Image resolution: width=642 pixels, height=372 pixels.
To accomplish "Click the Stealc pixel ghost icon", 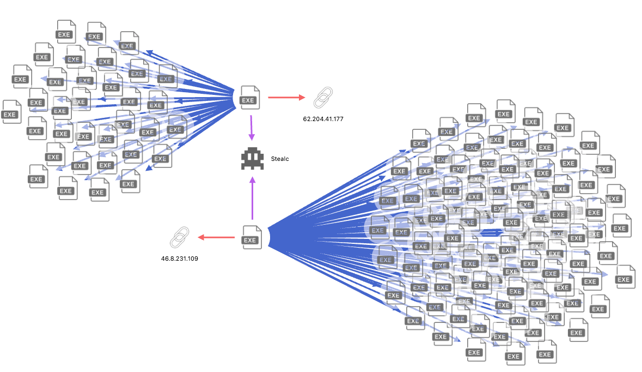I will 252,159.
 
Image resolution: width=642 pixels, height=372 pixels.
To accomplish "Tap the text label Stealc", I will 280,159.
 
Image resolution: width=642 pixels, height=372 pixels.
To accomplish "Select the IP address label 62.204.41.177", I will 323,118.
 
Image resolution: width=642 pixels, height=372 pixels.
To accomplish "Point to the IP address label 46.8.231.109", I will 179,258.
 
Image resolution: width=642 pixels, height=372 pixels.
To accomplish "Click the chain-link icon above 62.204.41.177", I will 323,98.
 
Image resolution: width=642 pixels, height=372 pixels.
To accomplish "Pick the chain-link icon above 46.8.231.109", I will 179,237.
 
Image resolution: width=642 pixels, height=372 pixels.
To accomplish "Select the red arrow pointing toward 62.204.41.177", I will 286,98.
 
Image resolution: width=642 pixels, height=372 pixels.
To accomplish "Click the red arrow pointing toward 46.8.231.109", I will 216,237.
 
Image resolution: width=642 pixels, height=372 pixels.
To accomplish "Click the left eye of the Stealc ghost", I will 248,157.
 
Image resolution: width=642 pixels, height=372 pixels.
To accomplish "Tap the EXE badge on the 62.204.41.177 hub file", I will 249,100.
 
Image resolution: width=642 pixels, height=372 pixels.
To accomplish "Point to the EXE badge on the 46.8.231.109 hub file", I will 251,241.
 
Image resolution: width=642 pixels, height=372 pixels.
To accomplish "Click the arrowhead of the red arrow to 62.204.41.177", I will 302,98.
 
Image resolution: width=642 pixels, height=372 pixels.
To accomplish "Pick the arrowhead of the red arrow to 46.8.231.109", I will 201,237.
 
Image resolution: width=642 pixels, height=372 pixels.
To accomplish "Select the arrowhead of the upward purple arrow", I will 252,179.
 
